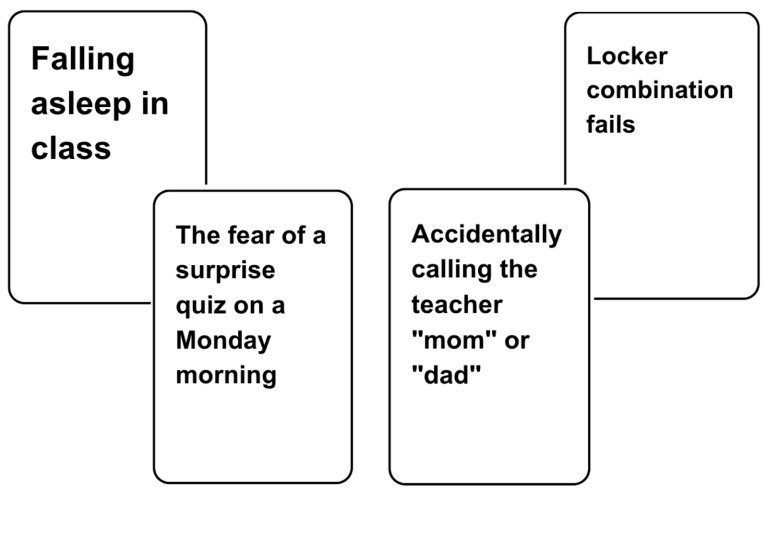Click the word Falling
[82, 60]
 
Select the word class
[70, 148]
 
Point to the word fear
[252, 235]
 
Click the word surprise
[225, 270]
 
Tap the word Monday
[223, 341]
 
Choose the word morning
[226, 376]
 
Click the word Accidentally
[487, 235]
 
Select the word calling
[448, 270]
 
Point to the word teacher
[456, 305]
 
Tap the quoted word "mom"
[451, 340]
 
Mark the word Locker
[627, 56]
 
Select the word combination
[659, 90]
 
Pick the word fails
[611, 125]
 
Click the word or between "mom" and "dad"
[517, 340]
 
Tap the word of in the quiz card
[296, 235]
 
